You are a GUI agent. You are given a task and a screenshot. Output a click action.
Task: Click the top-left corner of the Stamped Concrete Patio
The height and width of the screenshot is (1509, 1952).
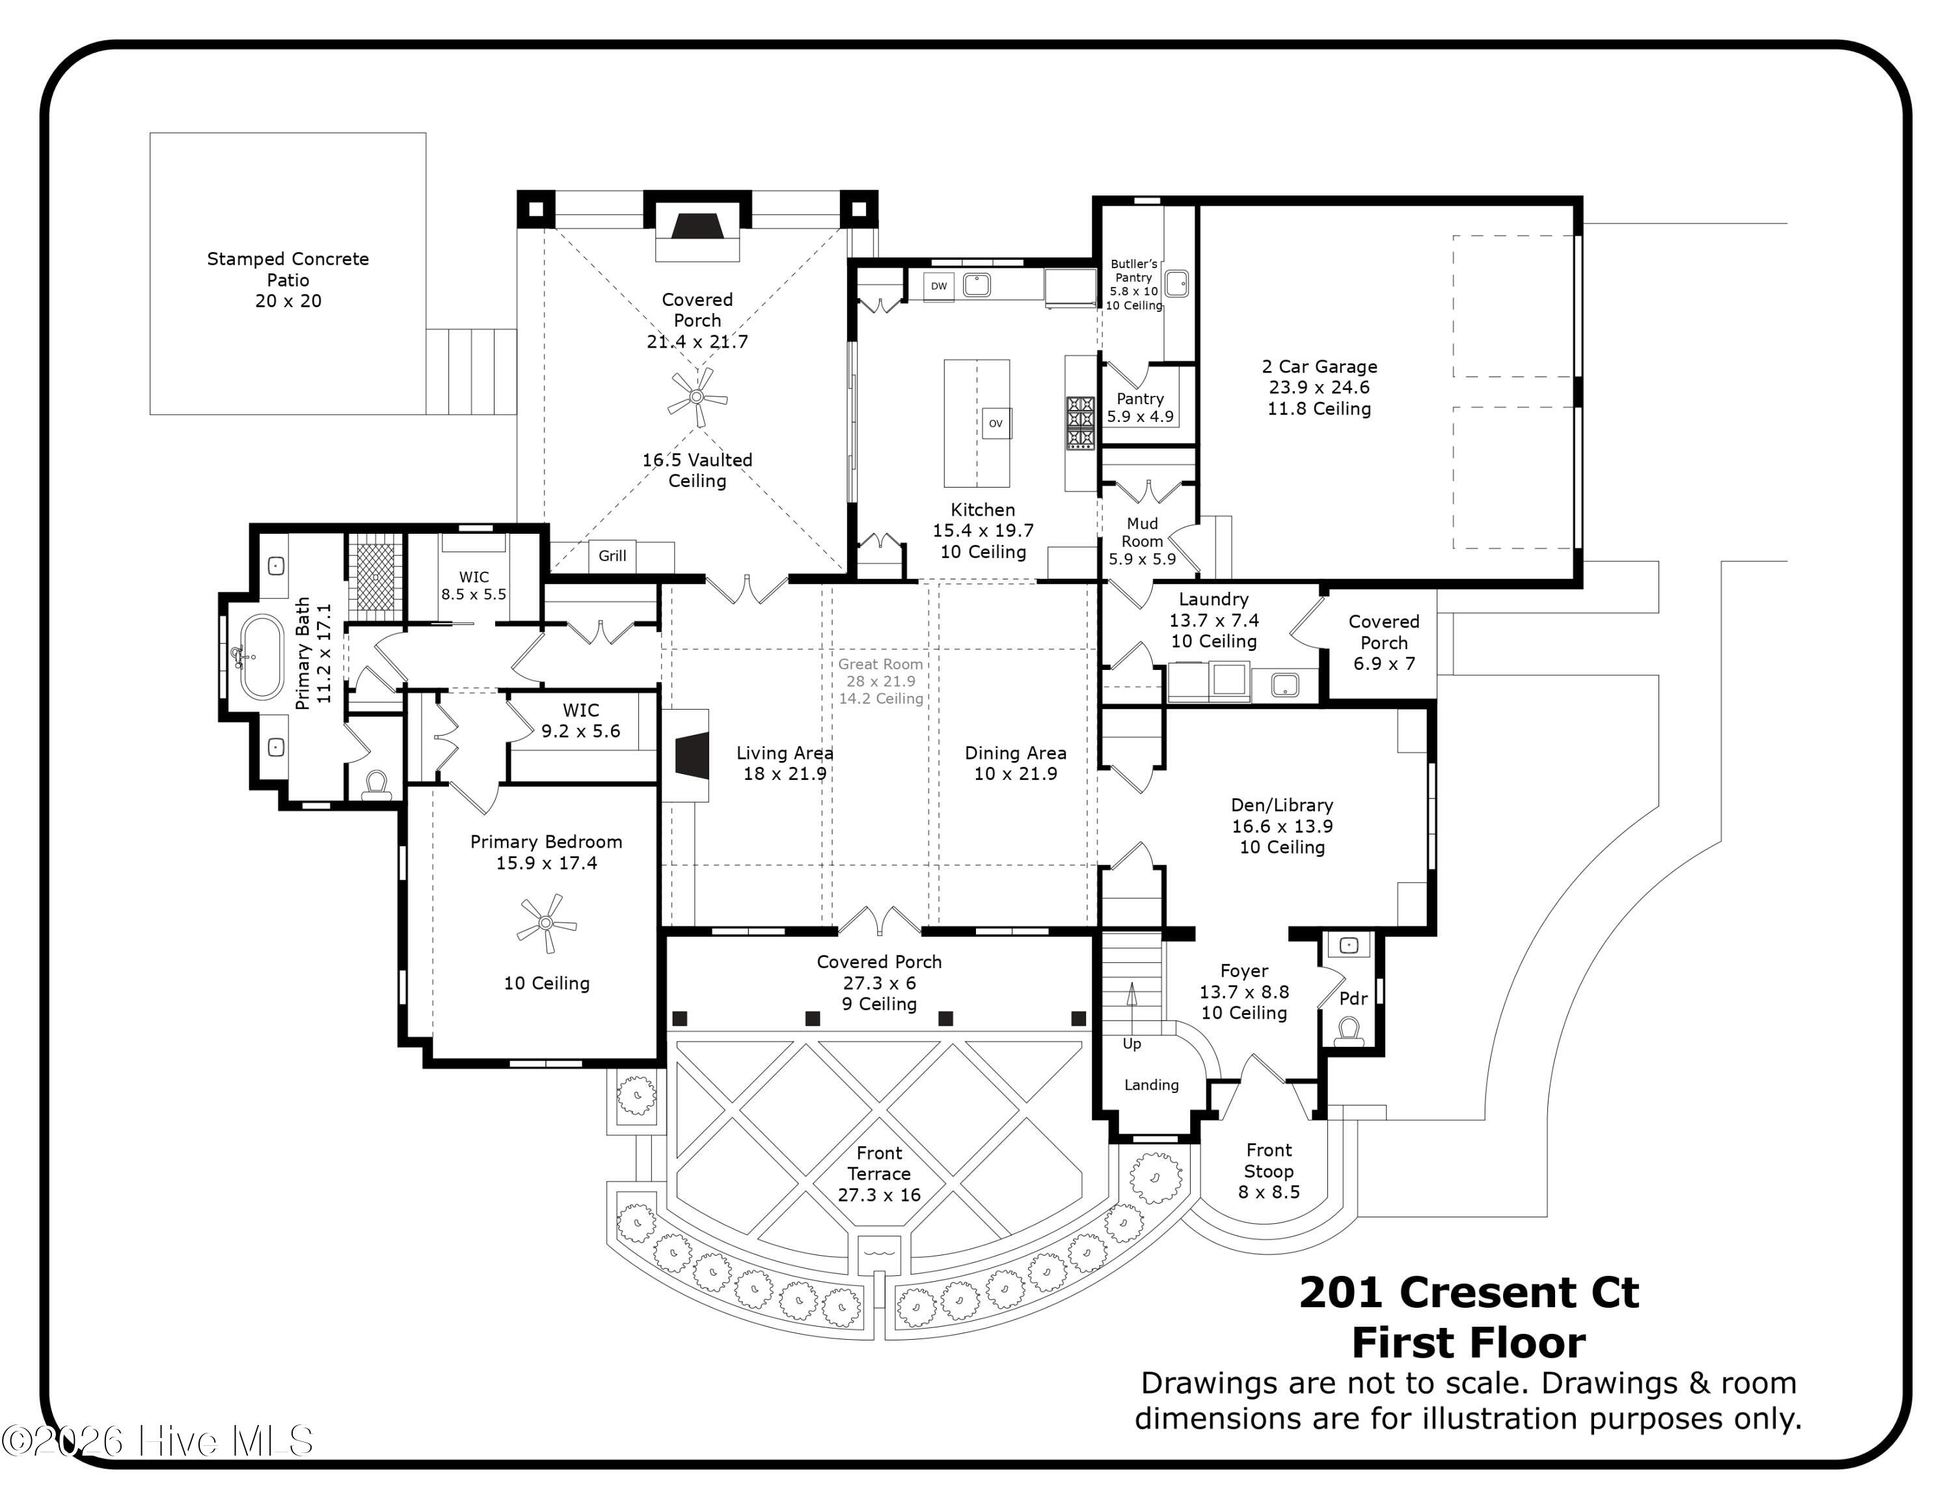click(x=150, y=133)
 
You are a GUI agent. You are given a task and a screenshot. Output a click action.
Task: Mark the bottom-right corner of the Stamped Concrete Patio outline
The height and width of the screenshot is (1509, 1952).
click(x=426, y=415)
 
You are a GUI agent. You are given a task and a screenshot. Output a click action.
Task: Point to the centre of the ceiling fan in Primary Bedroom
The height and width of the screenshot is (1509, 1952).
click(x=546, y=922)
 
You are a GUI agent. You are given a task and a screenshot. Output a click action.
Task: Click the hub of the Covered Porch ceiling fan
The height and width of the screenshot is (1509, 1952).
click(x=697, y=397)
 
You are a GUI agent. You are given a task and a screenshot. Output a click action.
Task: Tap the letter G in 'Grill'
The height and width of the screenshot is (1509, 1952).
click(x=603, y=555)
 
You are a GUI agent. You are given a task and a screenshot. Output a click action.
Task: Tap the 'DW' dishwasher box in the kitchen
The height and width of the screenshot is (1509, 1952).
click(x=938, y=286)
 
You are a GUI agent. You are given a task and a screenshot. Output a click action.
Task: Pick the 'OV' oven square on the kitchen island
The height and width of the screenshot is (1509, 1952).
click(x=996, y=424)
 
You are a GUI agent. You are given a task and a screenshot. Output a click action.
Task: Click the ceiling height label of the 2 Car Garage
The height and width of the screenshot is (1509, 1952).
click(x=1319, y=409)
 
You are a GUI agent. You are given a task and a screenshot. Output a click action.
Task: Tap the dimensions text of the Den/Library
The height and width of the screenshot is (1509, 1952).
click(x=1282, y=826)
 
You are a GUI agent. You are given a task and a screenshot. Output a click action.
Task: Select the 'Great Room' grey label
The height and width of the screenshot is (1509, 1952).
click(x=880, y=664)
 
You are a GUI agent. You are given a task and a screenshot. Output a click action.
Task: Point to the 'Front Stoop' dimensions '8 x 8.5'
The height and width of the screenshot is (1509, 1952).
click(x=1269, y=1192)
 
